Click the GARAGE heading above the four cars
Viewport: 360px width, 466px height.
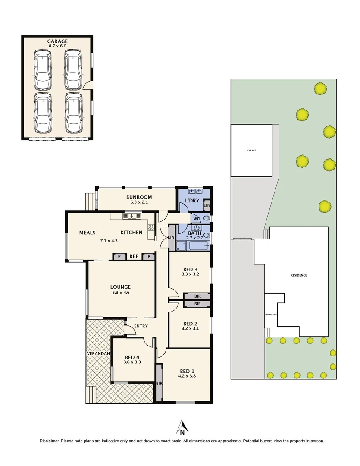57,41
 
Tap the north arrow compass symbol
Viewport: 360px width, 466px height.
182,427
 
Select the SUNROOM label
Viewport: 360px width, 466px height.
136,197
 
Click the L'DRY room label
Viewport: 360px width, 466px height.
191,202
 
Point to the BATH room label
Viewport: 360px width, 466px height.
195,233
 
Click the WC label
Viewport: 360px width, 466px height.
197,219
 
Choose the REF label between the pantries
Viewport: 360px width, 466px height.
134,256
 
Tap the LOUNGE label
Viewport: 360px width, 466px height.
120,287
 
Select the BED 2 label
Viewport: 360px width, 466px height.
190,324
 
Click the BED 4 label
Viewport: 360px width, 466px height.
133,357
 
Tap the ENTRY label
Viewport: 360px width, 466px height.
141,326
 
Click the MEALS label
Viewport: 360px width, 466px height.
87,233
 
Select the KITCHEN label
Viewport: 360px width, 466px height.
131,233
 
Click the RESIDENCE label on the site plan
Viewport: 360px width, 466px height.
298,275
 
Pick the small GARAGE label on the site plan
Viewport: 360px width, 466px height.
251,151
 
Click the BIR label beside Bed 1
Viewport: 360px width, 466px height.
159,383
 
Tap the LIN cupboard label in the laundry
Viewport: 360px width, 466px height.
207,206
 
